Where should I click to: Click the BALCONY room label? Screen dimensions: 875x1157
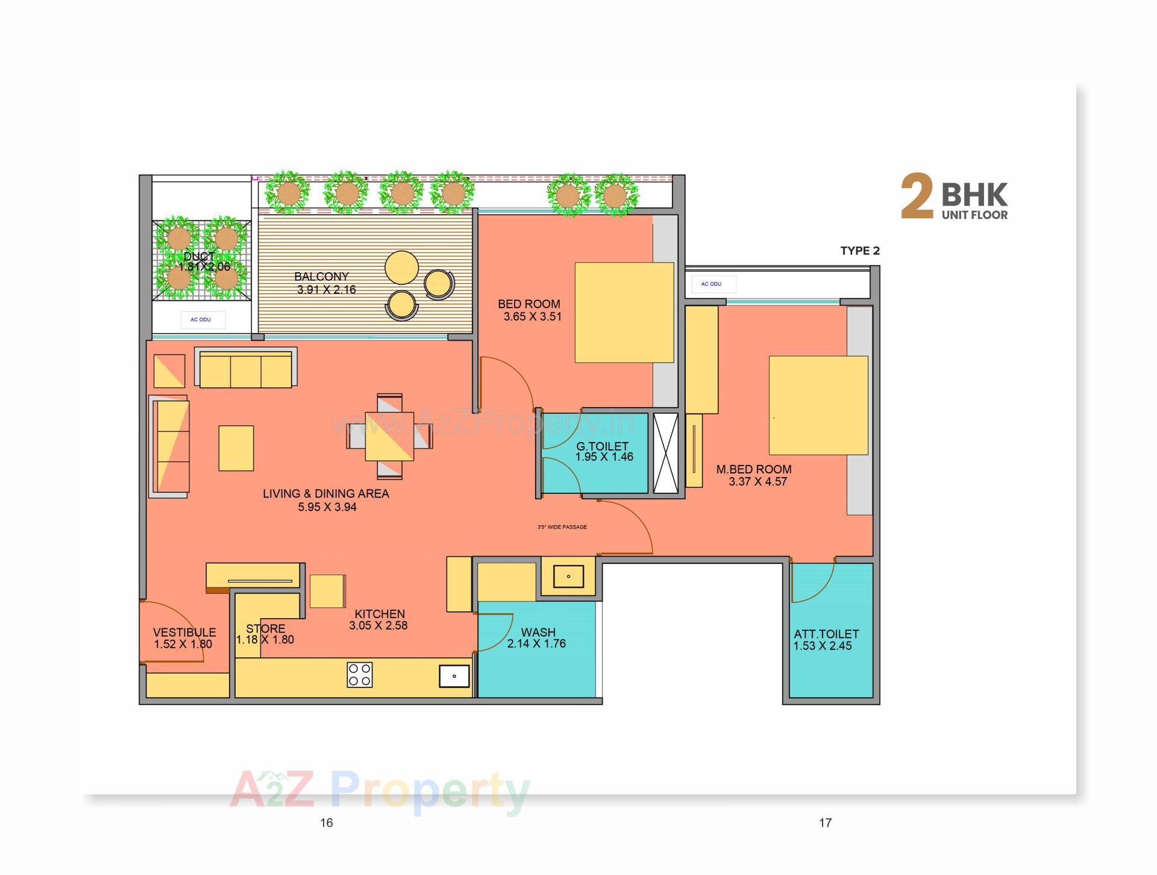tap(321, 276)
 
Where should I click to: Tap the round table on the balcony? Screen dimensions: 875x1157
tap(401, 267)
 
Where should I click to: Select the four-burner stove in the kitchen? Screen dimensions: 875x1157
tap(359, 675)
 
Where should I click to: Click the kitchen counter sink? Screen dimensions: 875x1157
tap(454, 676)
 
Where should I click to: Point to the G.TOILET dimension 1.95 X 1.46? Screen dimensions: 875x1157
tap(604, 457)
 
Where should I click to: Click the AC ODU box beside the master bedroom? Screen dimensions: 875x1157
tap(711, 284)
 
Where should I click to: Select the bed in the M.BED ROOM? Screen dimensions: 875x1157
tap(818, 405)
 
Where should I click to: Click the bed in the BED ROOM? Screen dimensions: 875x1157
tap(624, 312)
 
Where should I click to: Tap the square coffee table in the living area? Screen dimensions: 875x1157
tap(236, 448)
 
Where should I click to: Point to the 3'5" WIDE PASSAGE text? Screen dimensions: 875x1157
tap(562, 527)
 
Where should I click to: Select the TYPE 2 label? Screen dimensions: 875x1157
tap(859, 251)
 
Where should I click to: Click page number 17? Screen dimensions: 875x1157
tap(825, 823)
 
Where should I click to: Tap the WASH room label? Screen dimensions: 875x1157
tap(538, 632)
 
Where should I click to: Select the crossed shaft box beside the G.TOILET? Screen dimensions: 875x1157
tap(665, 453)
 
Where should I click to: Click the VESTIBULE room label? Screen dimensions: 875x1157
tap(184, 632)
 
